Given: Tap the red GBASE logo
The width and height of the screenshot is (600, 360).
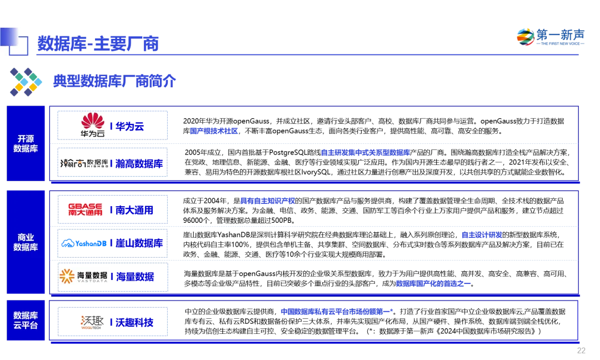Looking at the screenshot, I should [x=85, y=209].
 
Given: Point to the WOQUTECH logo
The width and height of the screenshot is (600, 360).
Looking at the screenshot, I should [x=93, y=324].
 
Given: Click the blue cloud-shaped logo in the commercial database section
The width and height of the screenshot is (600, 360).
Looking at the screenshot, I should [x=83, y=243].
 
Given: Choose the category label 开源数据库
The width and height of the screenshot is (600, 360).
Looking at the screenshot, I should [x=26, y=143].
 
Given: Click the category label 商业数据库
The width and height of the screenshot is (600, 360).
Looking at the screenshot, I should [x=26, y=242].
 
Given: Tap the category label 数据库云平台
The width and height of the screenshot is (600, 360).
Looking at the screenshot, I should [x=26, y=320].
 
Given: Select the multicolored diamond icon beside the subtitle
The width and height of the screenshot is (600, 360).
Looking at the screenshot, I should [x=26, y=82].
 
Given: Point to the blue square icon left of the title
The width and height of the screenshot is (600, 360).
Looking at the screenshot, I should [x=15, y=42].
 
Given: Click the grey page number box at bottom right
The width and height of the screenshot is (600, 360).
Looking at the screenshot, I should [x=579, y=351].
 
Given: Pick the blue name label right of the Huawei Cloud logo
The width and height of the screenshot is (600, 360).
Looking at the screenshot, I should [x=128, y=127].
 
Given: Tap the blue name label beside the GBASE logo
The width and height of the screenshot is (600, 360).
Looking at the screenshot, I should [x=132, y=210].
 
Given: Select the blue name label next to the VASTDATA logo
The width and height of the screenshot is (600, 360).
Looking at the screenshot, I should [x=134, y=277].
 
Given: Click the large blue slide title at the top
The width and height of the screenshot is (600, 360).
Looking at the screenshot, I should [x=98, y=43].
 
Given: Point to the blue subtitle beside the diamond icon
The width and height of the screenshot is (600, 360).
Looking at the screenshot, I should [x=114, y=81].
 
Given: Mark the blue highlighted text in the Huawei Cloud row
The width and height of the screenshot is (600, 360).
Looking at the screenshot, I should [x=214, y=131].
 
